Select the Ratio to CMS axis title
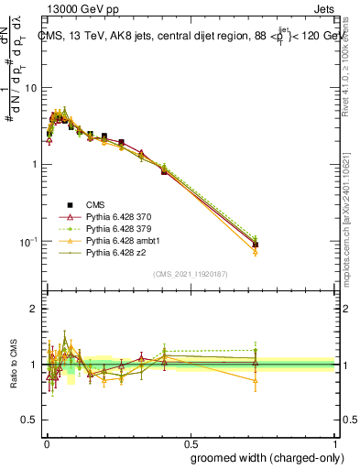12,365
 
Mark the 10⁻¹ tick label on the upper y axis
29,242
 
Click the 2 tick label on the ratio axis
35,309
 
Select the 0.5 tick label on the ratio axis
30,420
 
